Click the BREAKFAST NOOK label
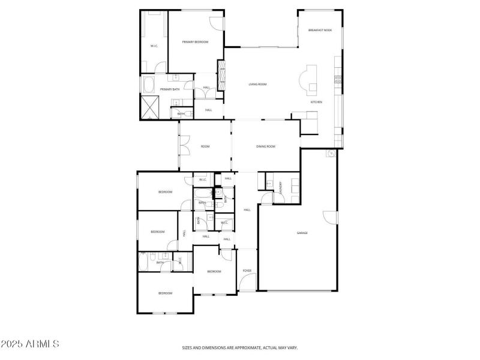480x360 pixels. (320, 30)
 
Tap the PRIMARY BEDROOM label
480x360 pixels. (196, 41)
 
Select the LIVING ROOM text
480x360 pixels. (257, 84)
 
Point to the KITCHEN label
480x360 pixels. (316, 102)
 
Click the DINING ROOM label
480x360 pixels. (265, 146)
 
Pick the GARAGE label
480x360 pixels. (302, 233)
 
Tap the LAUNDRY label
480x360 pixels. (280, 188)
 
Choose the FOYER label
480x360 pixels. (247, 271)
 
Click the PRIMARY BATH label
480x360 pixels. (169, 89)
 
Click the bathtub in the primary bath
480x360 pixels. (149, 83)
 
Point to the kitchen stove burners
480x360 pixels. (338, 78)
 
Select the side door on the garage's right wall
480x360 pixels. (327, 218)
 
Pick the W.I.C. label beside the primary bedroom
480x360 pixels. (154, 46)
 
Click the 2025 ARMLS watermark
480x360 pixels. (30, 344)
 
